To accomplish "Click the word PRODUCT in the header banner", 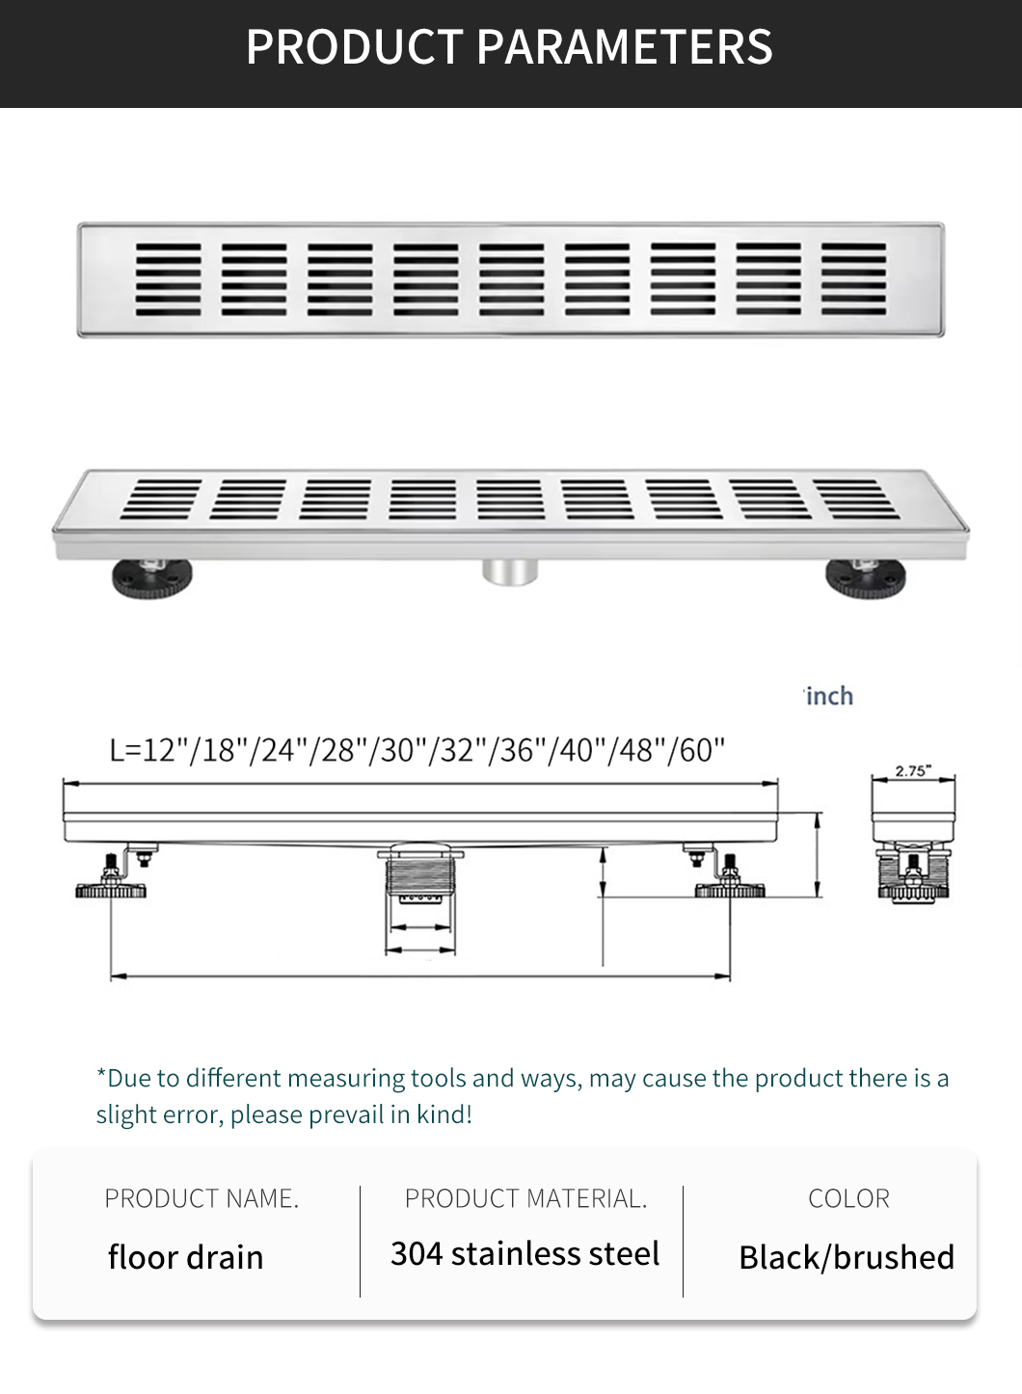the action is [354, 46].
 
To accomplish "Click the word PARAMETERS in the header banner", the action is [625, 46].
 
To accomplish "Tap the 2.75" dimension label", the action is [913, 771].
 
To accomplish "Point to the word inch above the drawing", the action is [830, 696].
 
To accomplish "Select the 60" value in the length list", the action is [702, 750].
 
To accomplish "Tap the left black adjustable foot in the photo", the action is [152, 577].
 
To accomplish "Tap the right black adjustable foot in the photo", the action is [866, 577].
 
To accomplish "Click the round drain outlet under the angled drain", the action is [510, 572].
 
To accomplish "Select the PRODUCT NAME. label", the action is [202, 1198].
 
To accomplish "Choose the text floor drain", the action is [185, 1257].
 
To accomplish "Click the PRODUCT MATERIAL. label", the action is [525, 1198].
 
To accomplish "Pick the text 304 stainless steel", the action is [524, 1253].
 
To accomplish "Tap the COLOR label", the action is [849, 1198].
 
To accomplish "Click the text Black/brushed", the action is [847, 1257].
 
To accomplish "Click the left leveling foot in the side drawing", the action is [111, 878].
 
